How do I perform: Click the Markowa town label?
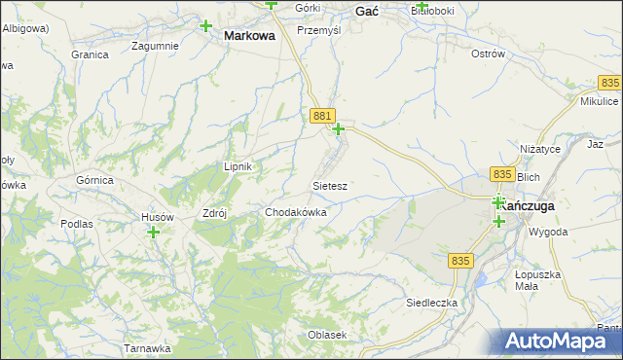pos(249,35)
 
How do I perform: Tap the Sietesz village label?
pos(330,185)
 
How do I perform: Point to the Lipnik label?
pos(238,166)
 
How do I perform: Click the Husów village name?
pos(158,217)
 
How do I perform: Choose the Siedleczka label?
pos(431,304)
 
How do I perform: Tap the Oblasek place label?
pos(327,335)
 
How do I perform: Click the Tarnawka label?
pos(148,348)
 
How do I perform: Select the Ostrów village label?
pos(488,54)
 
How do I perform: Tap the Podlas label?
pos(76,224)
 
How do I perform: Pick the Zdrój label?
pos(213,214)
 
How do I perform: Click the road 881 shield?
pos(324,116)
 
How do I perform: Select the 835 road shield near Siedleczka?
pos(461,261)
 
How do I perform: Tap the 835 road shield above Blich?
pos(502,173)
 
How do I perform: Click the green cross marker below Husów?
pos(153,233)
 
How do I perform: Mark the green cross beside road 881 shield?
pos(339,129)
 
